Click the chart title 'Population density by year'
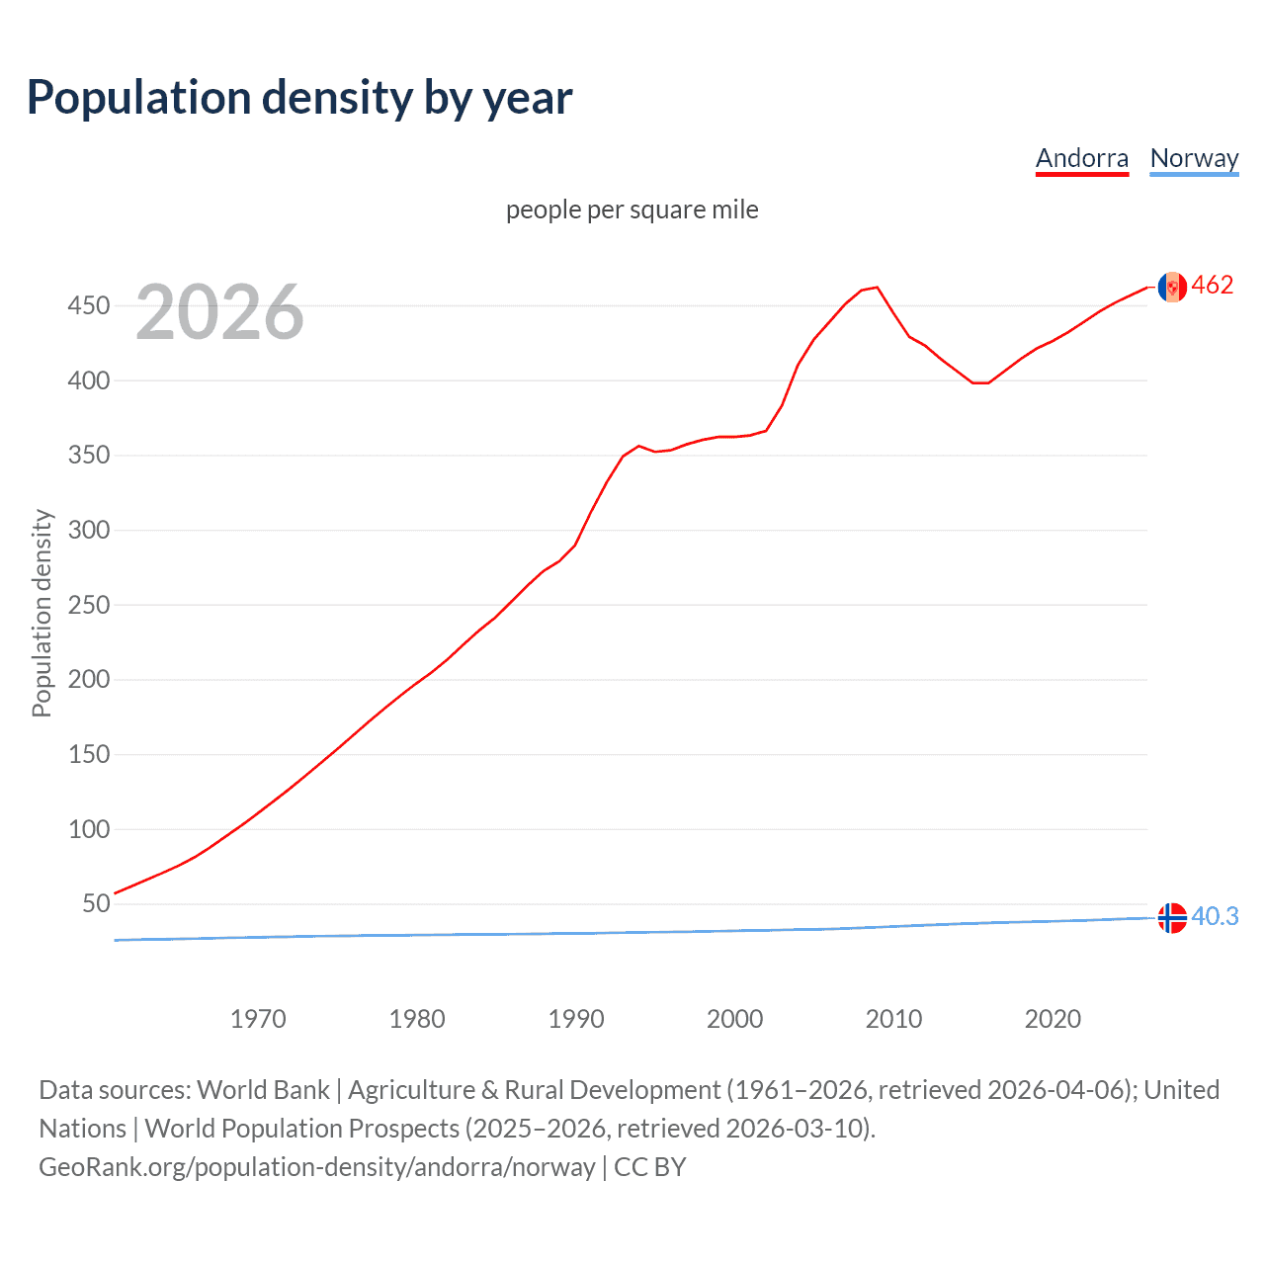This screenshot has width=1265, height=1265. pyautogui.click(x=299, y=98)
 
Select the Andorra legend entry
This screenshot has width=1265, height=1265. pyautogui.click(x=1081, y=158)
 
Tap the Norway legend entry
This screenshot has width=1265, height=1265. pyautogui.click(x=1194, y=158)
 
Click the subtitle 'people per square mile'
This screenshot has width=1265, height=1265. pyautogui.click(x=632, y=210)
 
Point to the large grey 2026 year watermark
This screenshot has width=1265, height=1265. pyautogui.click(x=219, y=312)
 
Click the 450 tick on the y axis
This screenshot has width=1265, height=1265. pyautogui.click(x=88, y=305)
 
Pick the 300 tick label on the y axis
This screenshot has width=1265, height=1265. pyautogui.click(x=88, y=530)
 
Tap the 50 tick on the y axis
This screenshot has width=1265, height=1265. pyautogui.click(x=96, y=903)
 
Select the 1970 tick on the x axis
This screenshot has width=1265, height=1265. pyautogui.click(x=258, y=1019)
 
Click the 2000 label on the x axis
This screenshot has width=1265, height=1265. pyautogui.click(x=734, y=1019)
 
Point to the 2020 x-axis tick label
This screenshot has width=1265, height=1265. pyautogui.click(x=1053, y=1019)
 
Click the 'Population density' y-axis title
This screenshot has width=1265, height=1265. pyautogui.click(x=42, y=613)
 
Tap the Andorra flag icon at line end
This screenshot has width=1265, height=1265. pyautogui.click(x=1172, y=287)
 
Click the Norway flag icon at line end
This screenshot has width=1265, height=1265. pyautogui.click(x=1172, y=918)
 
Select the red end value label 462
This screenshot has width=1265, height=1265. pyautogui.click(x=1213, y=285)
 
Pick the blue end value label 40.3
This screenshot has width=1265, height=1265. pyautogui.click(x=1215, y=916)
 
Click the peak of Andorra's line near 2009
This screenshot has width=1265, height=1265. pyautogui.click(x=877, y=288)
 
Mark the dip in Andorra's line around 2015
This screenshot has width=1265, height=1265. pyautogui.click(x=979, y=382)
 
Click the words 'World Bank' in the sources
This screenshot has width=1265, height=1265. pyautogui.click(x=263, y=1089)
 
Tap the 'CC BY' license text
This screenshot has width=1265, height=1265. pyautogui.click(x=649, y=1166)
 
